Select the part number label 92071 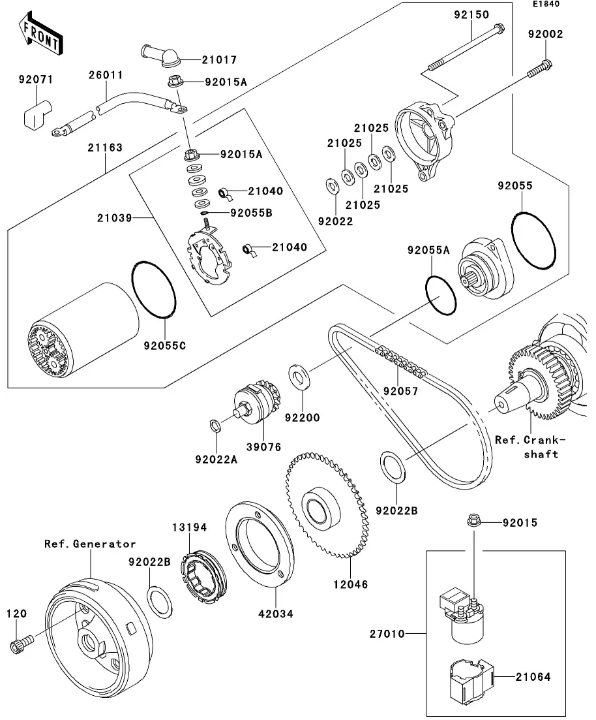(x=36, y=80)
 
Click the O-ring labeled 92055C (x=154, y=289)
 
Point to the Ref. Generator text (x=90, y=544)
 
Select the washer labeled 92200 (x=300, y=377)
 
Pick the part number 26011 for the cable (x=106, y=75)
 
